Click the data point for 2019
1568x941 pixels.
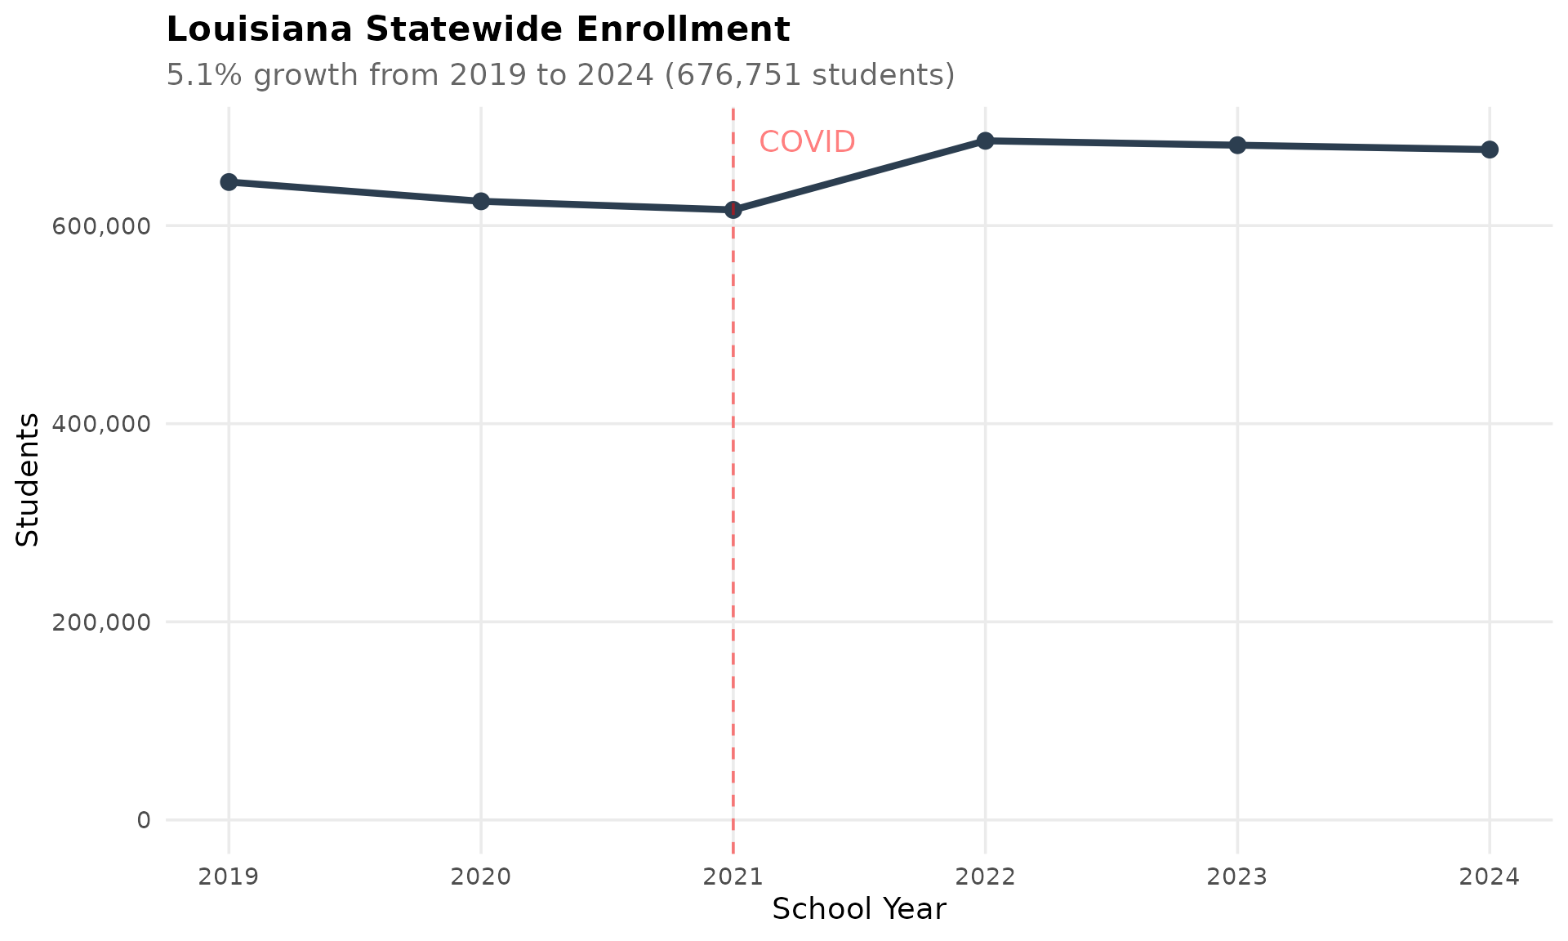[229, 182]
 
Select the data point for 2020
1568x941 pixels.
[481, 201]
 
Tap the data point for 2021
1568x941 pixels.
[733, 210]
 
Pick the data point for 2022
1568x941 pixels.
[985, 141]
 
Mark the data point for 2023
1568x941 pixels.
[1237, 145]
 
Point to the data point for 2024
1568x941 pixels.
[1490, 149]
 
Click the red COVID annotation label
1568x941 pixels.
[807, 142]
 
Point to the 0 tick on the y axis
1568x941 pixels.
[144, 820]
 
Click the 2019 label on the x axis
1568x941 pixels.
[229, 877]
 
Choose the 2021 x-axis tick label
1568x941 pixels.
[733, 877]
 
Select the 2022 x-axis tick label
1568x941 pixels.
[985, 877]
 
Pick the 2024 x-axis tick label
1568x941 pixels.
[1490, 877]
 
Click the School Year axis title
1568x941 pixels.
[858, 909]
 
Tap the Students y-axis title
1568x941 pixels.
[28, 479]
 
